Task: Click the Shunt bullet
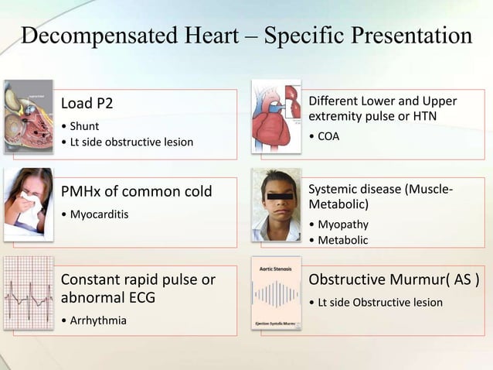click(83, 125)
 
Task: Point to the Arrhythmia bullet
click(95, 320)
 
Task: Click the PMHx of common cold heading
click(136, 191)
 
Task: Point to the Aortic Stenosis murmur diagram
click(276, 294)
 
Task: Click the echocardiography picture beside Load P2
click(29, 116)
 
